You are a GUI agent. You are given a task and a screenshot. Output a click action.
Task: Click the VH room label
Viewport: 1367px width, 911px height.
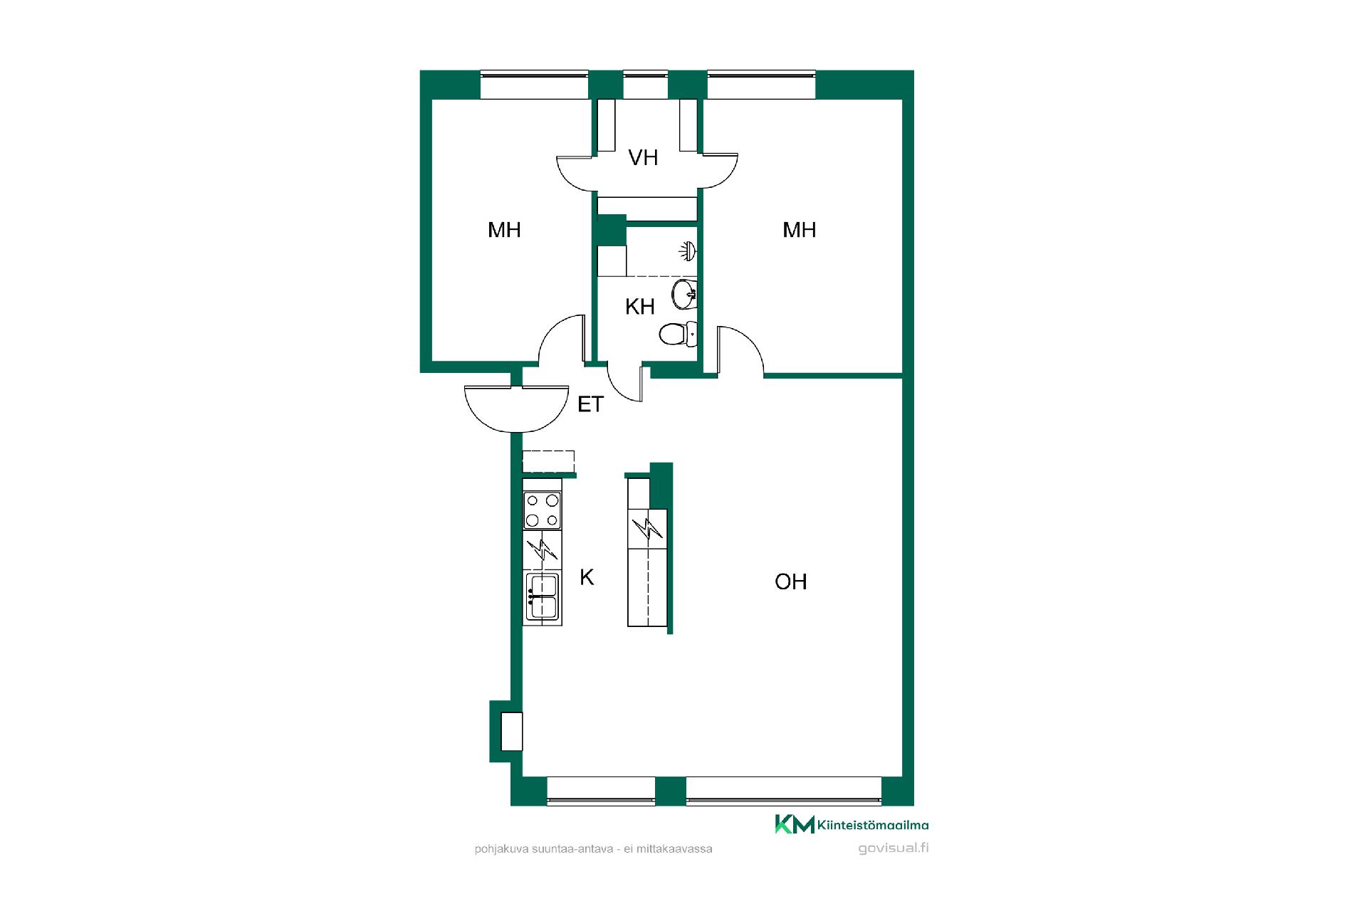643,157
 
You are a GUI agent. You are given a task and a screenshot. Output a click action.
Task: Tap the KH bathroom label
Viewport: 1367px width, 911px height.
639,307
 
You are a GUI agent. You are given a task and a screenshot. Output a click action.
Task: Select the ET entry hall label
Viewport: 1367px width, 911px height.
590,404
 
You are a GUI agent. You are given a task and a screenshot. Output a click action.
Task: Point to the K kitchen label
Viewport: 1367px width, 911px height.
587,577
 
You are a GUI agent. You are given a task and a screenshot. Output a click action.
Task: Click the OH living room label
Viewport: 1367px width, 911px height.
790,581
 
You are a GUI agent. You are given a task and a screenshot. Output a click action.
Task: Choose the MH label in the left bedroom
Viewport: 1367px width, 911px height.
504,230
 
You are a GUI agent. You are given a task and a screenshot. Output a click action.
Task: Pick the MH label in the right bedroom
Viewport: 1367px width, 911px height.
799,230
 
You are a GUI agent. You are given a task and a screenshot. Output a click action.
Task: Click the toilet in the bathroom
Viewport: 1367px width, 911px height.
677,333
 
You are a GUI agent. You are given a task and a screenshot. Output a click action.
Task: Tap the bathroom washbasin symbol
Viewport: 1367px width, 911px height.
683,294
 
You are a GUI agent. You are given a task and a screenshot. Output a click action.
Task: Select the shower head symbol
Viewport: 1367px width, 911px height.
688,251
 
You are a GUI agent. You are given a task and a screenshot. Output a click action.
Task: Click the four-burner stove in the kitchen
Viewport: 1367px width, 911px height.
542,510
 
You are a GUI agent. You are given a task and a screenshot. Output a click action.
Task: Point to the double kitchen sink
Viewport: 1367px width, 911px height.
542,596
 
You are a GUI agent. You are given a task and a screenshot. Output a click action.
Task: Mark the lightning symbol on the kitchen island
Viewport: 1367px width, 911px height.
647,529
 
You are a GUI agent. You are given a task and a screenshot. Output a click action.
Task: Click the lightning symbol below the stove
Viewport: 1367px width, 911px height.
542,549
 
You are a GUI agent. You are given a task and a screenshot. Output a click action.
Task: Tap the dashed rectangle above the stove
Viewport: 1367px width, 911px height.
548,461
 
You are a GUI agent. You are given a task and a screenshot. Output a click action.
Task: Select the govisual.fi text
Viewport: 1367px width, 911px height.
894,848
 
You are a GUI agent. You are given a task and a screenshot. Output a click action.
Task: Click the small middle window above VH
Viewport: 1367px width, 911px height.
646,84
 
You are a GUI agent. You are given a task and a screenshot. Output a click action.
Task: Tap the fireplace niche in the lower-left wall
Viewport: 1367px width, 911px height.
511,731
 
